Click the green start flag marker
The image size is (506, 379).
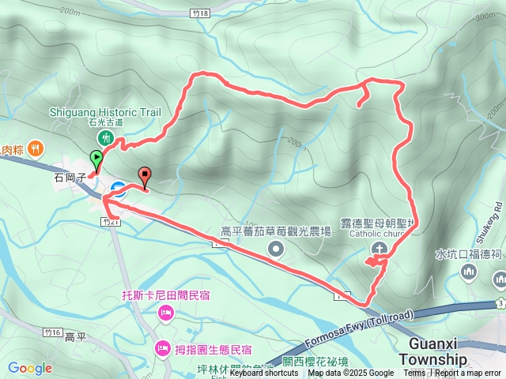(x=96, y=157)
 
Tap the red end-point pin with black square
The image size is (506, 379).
(x=145, y=176)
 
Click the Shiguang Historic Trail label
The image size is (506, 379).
(x=104, y=112)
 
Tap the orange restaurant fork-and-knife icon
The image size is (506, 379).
(x=35, y=148)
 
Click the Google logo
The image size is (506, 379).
(x=29, y=368)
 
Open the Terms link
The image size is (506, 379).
(x=414, y=373)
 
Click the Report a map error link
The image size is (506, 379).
(x=468, y=373)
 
